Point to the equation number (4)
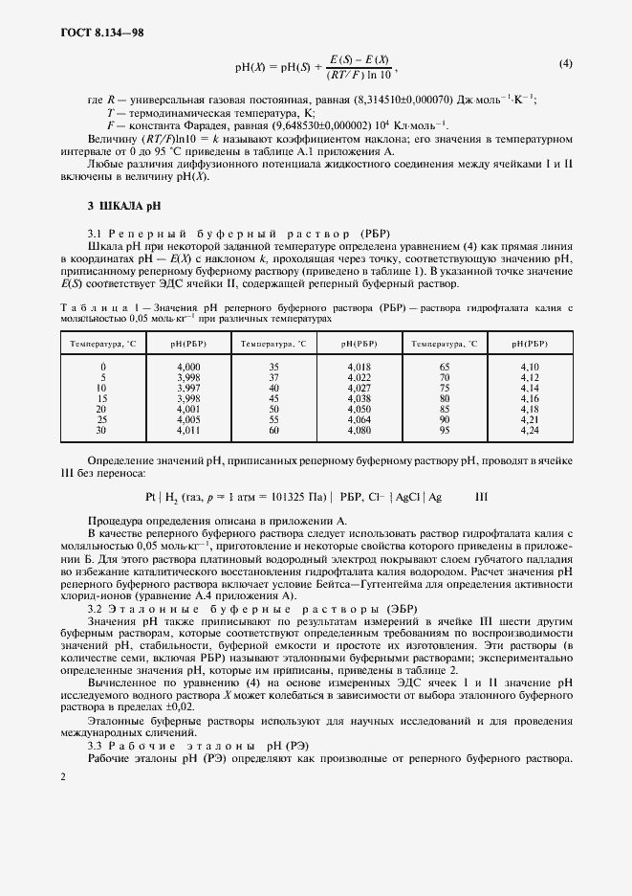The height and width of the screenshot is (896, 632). (x=565, y=64)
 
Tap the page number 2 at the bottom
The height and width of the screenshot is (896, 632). (x=62, y=776)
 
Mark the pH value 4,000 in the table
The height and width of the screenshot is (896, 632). (x=189, y=367)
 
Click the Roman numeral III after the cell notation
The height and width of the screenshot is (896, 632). (x=481, y=498)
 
